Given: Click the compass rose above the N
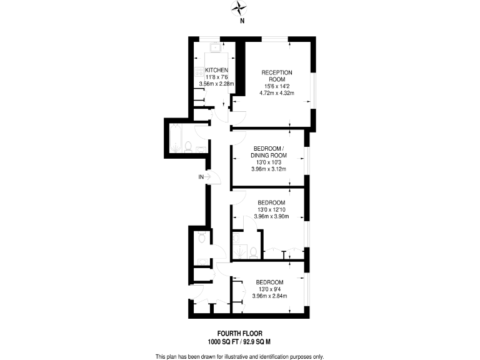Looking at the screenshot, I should tap(240, 7).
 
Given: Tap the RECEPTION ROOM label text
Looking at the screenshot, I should tap(276, 76).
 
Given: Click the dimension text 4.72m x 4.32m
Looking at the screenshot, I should tap(276, 93).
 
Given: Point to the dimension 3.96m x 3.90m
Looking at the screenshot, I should tap(271, 217).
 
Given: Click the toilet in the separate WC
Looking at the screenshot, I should tap(201, 238).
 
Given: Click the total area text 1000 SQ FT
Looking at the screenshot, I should tap(224, 342).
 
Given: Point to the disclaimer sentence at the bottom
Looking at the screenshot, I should tap(239, 356).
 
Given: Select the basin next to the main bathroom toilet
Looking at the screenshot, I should tap(200, 149).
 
